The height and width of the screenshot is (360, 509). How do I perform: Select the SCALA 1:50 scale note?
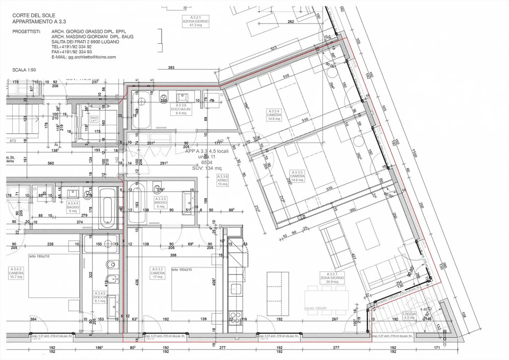point(24,70)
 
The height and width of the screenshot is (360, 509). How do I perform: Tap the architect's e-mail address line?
point(83,57)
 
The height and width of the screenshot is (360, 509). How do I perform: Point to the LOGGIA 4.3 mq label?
point(409,316)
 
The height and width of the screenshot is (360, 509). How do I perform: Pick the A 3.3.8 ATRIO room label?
point(223,180)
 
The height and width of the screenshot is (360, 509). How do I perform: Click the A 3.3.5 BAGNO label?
point(160,203)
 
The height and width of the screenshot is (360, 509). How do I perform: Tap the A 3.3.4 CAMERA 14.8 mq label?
point(274,115)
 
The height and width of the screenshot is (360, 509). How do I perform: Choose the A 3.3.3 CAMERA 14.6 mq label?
point(297,176)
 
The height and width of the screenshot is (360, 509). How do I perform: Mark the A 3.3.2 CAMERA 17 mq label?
point(157,273)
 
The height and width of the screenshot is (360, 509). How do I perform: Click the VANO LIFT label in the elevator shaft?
point(94,119)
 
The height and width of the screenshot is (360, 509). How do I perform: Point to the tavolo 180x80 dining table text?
point(316,308)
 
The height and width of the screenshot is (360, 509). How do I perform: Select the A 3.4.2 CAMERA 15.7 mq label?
point(16,273)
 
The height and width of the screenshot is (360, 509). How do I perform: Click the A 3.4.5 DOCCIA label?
point(100,297)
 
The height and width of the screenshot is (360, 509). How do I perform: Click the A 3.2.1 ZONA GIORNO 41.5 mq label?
point(195,21)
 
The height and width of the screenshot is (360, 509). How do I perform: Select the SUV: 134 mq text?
point(207,168)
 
